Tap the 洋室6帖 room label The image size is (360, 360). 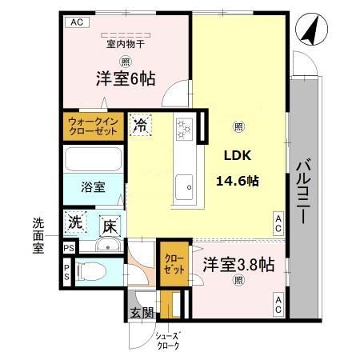tap(126, 79)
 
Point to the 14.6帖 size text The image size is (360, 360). tap(237, 180)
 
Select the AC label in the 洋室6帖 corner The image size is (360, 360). tap(77, 22)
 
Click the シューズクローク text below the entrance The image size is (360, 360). tap(166, 341)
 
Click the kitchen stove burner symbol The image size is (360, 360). tap(184, 127)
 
